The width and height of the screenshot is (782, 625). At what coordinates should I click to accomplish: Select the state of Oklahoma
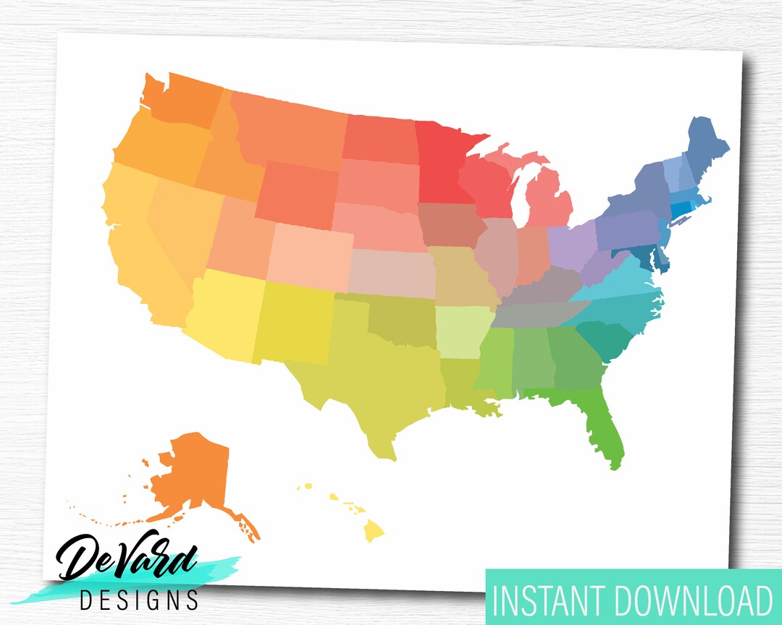coord(402,318)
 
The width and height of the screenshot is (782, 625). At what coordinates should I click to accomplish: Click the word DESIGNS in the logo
coord(139,600)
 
